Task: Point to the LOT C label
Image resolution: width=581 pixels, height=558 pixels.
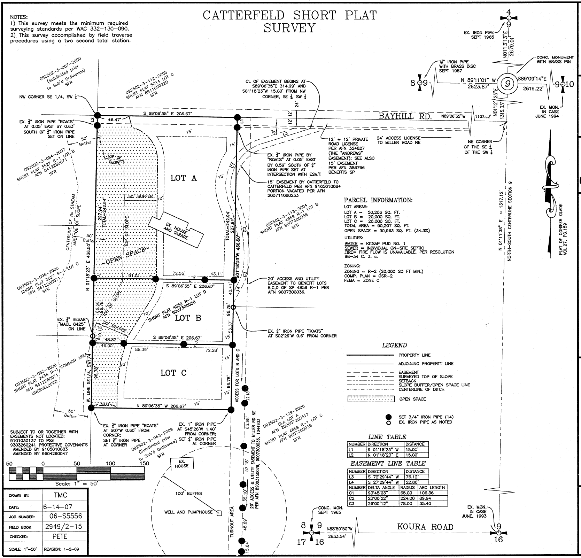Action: coord(173,373)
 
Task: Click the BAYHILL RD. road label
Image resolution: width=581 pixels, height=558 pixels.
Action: coord(405,116)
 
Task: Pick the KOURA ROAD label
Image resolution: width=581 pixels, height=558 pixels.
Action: coord(425,527)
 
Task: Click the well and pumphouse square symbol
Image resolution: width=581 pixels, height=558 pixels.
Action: coord(219,513)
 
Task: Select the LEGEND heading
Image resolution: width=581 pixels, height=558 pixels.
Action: coord(394,345)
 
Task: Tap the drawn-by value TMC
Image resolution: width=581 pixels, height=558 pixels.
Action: coord(61,495)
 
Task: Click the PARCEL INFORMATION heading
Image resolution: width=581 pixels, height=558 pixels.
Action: coord(378,200)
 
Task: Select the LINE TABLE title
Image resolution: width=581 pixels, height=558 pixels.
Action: coord(387,437)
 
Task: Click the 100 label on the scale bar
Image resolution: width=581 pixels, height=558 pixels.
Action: coord(110,464)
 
